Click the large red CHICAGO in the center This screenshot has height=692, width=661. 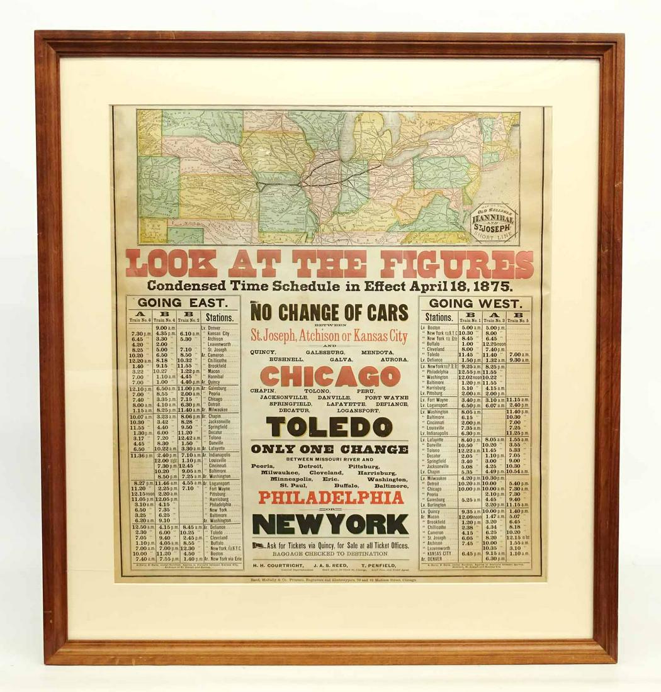pos(330,376)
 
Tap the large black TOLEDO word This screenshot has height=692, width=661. pos(329,427)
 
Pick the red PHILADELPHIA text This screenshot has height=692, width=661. pos(330,498)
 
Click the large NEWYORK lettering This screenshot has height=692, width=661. pos(330,524)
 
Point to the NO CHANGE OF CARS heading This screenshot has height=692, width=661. pos(329,312)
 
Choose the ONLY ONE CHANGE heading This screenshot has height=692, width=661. pos(329,449)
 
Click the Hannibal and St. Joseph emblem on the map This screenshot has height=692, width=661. pos(494,221)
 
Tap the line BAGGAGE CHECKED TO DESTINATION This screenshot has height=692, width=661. pos(330,554)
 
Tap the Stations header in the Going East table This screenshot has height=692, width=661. pos(220,318)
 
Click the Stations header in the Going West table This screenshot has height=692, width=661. pos(439,318)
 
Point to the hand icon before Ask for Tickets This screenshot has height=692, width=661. pos(258,545)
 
